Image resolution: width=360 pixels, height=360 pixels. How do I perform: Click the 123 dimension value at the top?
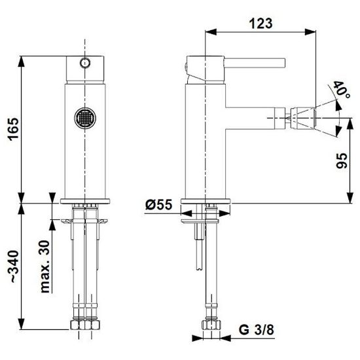[x=261, y=23]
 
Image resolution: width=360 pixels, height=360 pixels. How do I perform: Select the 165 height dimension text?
[x=14, y=129]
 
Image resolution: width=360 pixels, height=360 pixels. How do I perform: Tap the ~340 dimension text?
[x=14, y=266]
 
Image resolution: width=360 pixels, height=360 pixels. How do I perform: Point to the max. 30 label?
[x=45, y=266]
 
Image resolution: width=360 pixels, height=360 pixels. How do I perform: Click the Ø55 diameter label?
[x=158, y=204]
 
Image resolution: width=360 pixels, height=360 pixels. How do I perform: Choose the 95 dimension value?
[x=342, y=160]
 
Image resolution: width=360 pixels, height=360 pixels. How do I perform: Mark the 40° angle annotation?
[x=342, y=89]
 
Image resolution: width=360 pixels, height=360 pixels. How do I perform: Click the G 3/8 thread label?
[x=256, y=330]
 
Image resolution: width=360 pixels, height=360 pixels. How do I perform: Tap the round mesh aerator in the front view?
[x=85, y=118]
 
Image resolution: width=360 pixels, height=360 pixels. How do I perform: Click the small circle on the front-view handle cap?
[x=85, y=63]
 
